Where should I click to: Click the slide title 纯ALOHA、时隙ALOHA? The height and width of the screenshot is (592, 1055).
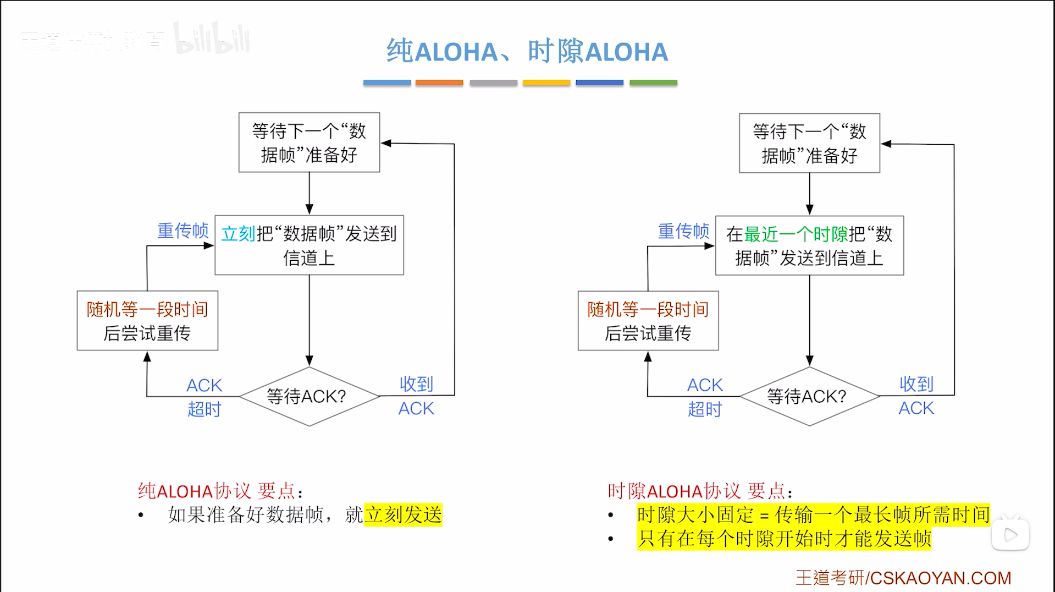(527, 52)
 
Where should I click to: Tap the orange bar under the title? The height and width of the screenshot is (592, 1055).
(439, 83)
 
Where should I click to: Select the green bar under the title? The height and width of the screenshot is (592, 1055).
(653, 83)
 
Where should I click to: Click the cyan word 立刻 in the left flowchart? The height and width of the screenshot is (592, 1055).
(239, 234)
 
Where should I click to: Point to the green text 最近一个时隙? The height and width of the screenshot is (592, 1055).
(796, 234)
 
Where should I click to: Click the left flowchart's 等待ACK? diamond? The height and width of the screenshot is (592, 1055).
(309, 396)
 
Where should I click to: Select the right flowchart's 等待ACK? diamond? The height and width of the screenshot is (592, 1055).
(809, 396)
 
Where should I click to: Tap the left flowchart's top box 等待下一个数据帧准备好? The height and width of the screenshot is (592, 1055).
(309, 142)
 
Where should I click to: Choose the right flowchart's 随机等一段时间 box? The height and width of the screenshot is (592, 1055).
(648, 321)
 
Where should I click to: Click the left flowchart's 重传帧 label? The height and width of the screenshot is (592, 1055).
(183, 231)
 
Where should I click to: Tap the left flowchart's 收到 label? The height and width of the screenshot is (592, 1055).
(416, 384)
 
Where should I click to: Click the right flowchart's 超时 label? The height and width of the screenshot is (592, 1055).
(704, 409)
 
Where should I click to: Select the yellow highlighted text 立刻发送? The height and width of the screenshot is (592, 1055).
(404, 515)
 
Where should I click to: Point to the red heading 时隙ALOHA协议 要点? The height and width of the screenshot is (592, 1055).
(699, 491)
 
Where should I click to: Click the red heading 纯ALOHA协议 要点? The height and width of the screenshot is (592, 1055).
(219, 491)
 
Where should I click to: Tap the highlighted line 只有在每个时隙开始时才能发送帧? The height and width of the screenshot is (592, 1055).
(784, 539)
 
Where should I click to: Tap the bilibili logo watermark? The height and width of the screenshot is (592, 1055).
(212, 39)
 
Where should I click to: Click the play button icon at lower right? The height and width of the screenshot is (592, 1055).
(1010, 534)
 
